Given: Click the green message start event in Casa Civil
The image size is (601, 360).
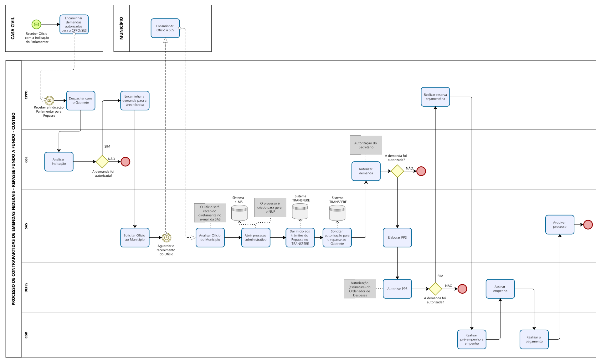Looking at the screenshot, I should (36, 24).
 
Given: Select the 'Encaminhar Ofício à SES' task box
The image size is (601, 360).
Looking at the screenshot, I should (165, 28).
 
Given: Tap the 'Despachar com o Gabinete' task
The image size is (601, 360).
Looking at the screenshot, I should (80, 100).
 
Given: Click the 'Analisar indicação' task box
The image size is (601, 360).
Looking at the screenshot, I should (59, 162).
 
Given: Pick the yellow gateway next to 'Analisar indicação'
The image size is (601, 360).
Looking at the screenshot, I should (102, 162).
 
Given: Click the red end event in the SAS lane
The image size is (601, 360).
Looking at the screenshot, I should (588, 225).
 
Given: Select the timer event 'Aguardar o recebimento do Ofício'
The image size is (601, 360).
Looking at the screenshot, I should (167, 238).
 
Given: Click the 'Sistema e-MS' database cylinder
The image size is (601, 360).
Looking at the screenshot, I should (239, 213).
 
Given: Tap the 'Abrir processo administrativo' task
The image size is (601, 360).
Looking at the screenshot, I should (255, 238).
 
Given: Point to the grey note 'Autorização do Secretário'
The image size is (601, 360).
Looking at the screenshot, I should (366, 145).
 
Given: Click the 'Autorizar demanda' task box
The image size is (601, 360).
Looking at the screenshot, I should (366, 171).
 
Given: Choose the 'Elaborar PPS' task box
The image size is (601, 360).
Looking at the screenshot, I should (397, 238).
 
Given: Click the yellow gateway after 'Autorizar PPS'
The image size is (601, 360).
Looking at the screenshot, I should (435, 289).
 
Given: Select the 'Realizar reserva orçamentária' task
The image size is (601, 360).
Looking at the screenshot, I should (435, 97).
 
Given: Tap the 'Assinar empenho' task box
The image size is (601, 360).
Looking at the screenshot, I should (500, 289).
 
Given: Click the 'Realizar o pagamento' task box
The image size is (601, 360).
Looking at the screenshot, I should (534, 339).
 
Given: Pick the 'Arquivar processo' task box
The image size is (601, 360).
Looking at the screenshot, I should (559, 225).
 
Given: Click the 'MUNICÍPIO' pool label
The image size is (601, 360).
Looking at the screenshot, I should (121, 28).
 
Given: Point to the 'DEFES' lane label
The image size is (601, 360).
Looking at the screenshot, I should (26, 287).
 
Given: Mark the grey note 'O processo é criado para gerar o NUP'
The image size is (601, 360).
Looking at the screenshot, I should (270, 207).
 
